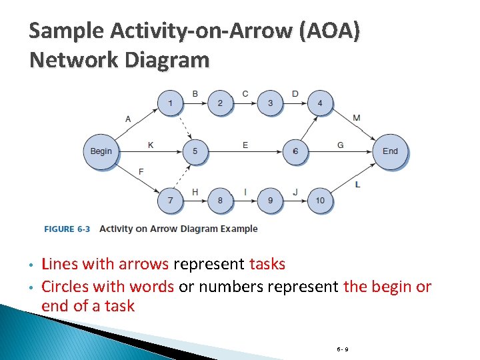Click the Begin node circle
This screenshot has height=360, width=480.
[x=101, y=151]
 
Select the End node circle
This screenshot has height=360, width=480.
[x=390, y=151]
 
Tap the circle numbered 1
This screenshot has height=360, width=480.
[x=170, y=103]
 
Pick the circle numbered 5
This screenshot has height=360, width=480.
[x=195, y=151]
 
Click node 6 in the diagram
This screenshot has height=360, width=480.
[x=295, y=151]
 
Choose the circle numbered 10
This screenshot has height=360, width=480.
[x=320, y=200]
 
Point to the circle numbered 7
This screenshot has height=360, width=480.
[x=170, y=200]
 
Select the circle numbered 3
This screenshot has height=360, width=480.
[x=270, y=103]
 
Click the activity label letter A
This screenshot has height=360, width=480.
[x=128, y=119]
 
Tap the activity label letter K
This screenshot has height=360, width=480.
[x=151, y=145]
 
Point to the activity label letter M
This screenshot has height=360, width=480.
[x=357, y=118]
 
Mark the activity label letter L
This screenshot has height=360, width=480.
[x=358, y=184]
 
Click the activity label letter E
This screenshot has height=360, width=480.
[x=245, y=145]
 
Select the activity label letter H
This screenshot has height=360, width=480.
[x=195, y=192]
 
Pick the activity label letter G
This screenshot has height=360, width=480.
[x=341, y=145]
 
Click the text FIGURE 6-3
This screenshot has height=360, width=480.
[x=67, y=229]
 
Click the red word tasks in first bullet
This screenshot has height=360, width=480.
[x=267, y=264]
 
